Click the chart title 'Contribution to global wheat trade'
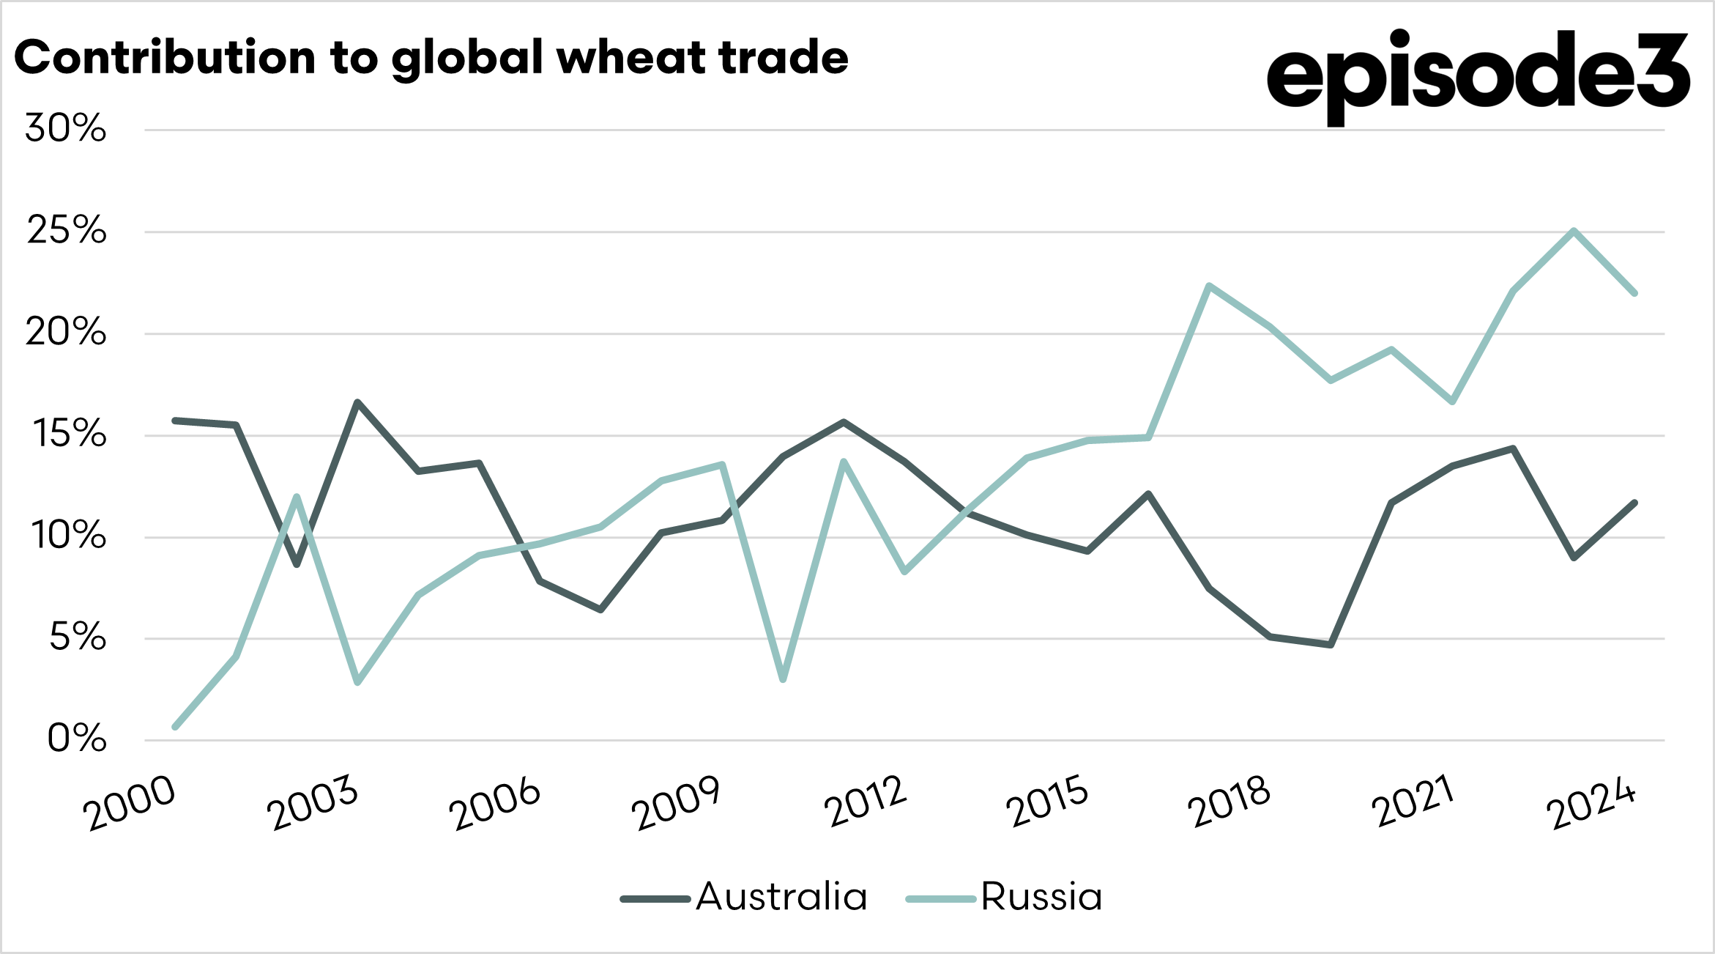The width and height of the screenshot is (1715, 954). coord(431,59)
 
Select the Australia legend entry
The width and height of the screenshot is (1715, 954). coord(744,897)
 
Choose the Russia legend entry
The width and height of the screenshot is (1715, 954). coord(1005,897)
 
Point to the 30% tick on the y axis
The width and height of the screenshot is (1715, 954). coord(66,129)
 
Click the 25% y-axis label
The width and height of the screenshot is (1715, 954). coord(67,231)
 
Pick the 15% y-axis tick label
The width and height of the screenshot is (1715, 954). coord(69,435)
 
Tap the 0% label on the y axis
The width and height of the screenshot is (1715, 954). coord(77,739)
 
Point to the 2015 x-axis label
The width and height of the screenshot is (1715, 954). coord(1048,802)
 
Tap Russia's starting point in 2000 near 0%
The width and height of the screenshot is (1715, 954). coord(175,727)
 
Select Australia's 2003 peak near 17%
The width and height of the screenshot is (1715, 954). coord(357,402)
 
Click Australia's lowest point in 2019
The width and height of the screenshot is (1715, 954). coord(1331,645)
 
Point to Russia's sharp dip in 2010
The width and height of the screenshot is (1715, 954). coord(784,680)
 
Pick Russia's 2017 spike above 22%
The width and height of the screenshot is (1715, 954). coord(1209,285)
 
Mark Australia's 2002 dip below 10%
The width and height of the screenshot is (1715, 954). coord(297,565)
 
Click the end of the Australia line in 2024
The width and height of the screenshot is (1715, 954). coord(1634,503)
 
